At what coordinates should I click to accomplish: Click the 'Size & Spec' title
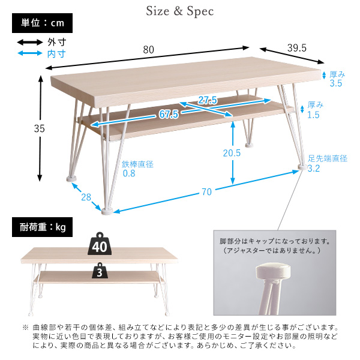pos(180,11)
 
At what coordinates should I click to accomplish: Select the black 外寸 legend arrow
pos(29,42)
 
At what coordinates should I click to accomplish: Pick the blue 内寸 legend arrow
pos(29,53)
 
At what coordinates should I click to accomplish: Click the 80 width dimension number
pos(148,50)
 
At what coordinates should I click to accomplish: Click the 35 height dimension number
pos(23,128)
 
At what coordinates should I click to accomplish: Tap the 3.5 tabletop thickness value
pos(335,84)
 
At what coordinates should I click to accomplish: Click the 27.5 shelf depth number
pos(207,100)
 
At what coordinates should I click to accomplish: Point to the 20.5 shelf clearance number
pos(231,153)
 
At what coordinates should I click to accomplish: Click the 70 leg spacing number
pos(206,193)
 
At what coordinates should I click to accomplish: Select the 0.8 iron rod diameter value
pos(129,174)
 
